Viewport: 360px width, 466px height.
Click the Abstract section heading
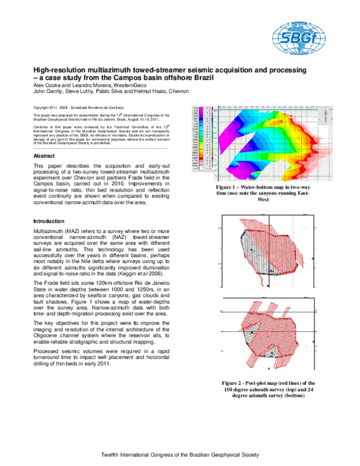click(x=44, y=156)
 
